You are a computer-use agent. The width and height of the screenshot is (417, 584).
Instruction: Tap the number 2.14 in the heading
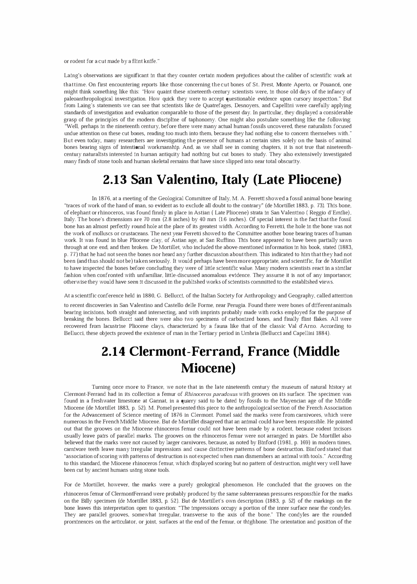click(114, 351)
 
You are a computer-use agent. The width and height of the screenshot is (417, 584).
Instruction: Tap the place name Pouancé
click(329, 85)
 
